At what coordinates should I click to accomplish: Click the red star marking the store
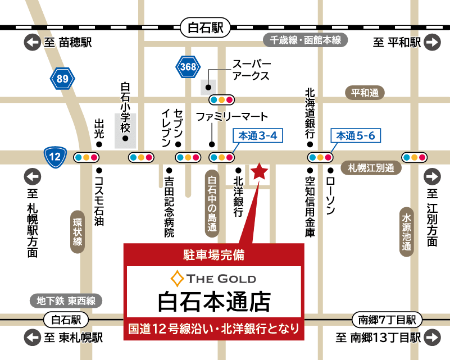pyautogui.click(x=259, y=172)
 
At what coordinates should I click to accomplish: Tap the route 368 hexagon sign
pyautogui.click(x=188, y=67)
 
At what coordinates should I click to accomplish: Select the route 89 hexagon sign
pyautogui.click(x=62, y=79)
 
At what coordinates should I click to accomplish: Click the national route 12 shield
pyautogui.click(x=56, y=157)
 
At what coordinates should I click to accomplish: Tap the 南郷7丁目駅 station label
pyautogui.click(x=387, y=320)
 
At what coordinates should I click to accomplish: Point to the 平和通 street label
pyautogui.click(x=365, y=93)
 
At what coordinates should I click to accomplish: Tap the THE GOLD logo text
pyautogui.click(x=213, y=279)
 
